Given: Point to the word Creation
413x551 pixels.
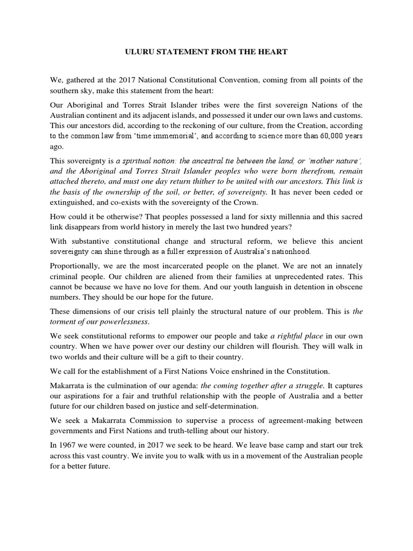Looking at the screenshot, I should (x=297, y=125).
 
